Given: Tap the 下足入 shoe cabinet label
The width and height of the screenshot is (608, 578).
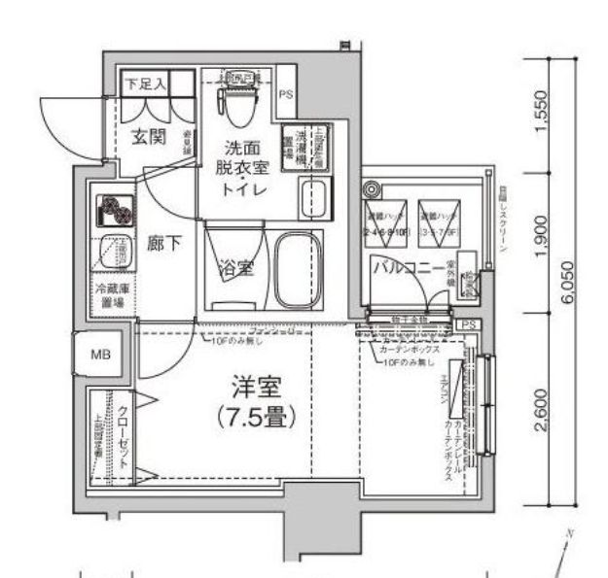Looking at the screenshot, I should [x=145, y=85].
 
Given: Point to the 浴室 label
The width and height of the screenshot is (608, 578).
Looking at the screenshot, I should [x=235, y=268].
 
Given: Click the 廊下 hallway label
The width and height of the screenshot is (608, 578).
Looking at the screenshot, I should [x=163, y=243].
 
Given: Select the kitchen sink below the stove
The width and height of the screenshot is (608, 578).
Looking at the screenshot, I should [x=111, y=255].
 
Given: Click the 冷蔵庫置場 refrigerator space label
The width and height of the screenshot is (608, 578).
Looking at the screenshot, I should [x=113, y=295].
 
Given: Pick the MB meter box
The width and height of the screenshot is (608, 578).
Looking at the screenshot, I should [x=101, y=355].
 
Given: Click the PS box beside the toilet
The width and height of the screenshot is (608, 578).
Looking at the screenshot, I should [x=285, y=94].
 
